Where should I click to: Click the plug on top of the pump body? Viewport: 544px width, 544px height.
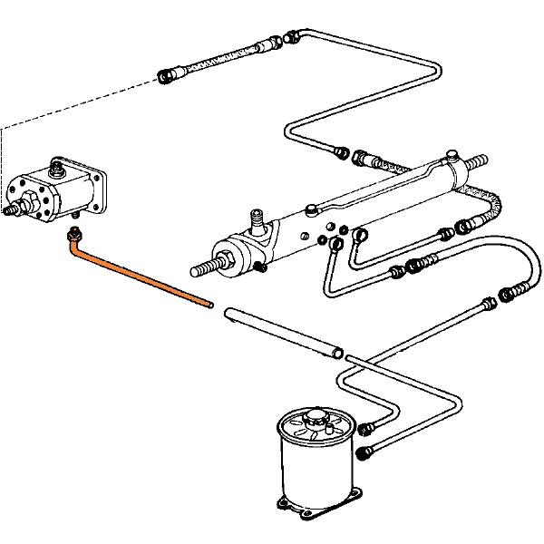point(57,166)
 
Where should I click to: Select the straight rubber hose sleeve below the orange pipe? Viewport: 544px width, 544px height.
point(282,330)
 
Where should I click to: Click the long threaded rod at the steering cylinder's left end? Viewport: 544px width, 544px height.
point(205,267)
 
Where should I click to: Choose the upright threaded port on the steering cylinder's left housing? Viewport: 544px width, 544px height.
point(257,220)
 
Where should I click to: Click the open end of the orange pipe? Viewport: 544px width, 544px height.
point(209,305)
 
